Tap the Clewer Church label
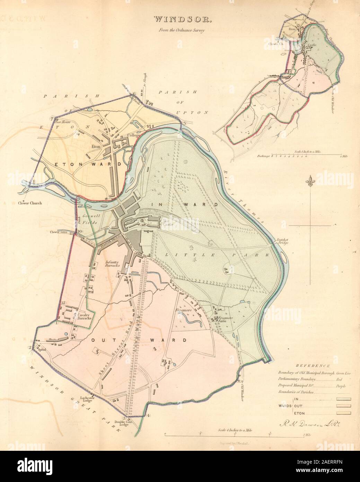click(30, 203)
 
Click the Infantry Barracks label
click(112, 264)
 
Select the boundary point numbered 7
click(52, 119)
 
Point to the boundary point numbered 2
click(30, 348)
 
